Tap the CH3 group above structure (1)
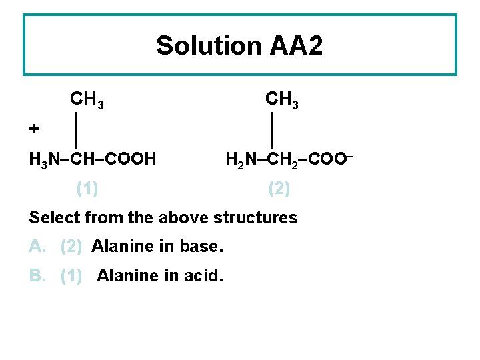coord(86,101)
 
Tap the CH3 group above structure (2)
coord(282,101)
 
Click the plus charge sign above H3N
coord(34,127)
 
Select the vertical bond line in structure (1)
coord(77,130)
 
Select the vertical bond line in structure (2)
coord(273,130)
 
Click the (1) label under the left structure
coord(87,189)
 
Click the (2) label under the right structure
coord(279,189)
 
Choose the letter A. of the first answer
coord(37,247)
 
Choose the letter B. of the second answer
coord(37,275)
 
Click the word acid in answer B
coord(202,275)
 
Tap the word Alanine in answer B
coord(128,275)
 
